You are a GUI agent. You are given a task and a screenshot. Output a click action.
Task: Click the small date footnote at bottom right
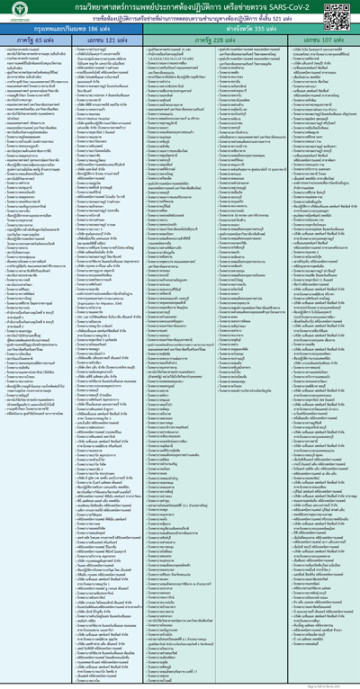pos(345,684)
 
